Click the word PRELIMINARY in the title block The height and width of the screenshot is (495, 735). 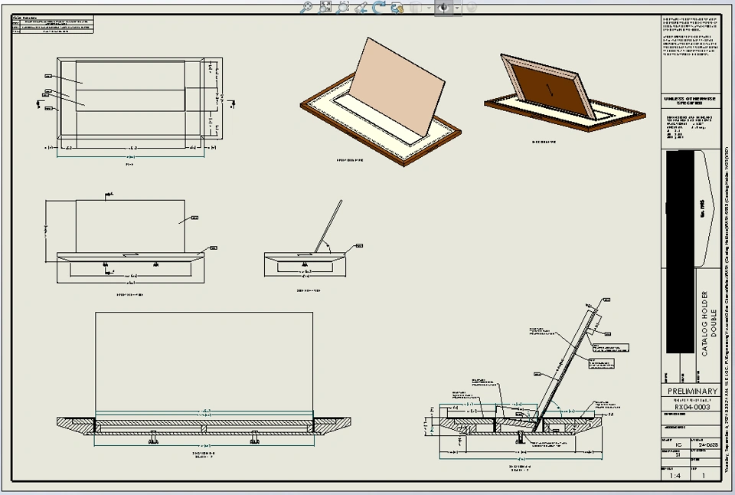click(692, 392)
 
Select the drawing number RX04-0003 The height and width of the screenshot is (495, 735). click(692, 407)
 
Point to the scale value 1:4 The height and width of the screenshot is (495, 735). click(677, 475)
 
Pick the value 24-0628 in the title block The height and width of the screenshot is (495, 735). click(707, 444)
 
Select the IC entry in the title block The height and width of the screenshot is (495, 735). click(678, 444)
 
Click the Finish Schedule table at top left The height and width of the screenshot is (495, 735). click(52, 25)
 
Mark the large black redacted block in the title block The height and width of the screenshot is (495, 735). click(681, 253)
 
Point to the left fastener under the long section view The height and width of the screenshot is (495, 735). click(154, 441)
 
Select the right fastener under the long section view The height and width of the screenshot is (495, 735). click(255, 441)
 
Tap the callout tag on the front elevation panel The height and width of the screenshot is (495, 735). click(194, 218)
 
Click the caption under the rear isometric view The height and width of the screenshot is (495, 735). click(545, 142)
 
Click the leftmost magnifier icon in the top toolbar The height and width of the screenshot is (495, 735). click(306, 7)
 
